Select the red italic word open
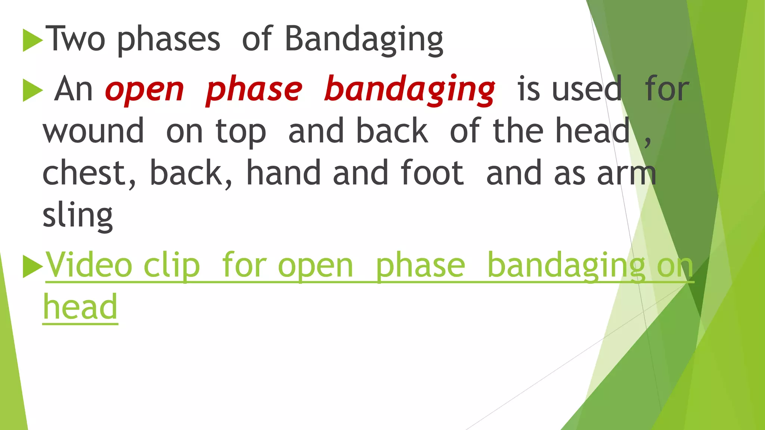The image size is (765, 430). point(145,90)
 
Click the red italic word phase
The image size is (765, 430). point(254,90)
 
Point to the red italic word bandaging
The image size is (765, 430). point(409,90)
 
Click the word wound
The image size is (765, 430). point(93,131)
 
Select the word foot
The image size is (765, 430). point(432,173)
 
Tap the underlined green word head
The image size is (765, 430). point(80,308)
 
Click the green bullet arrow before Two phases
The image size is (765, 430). point(32,40)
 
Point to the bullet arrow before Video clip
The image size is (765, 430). point(32,267)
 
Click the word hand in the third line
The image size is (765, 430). point(284,173)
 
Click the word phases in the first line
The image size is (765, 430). point(168,40)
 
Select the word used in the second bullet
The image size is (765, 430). point(587,90)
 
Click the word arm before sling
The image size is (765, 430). point(626,174)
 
